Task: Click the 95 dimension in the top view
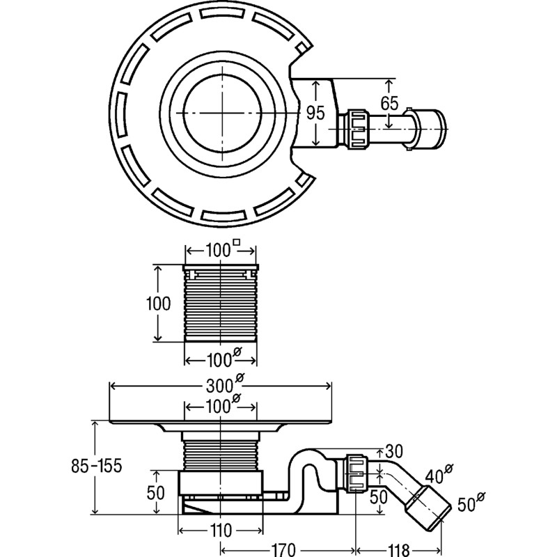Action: (x=316, y=113)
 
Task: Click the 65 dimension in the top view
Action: (x=390, y=103)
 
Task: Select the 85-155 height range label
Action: (x=97, y=466)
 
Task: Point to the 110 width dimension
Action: (x=220, y=531)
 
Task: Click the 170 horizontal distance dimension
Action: (x=283, y=550)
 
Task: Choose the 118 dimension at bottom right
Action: (x=398, y=550)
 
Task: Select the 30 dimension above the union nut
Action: (x=394, y=451)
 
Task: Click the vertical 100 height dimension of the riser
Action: (x=159, y=304)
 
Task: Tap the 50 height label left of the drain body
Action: (x=155, y=493)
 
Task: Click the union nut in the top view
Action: (x=359, y=129)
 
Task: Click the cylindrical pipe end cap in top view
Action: (x=430, y=129)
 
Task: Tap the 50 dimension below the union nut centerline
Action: (x=378, y=497)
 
